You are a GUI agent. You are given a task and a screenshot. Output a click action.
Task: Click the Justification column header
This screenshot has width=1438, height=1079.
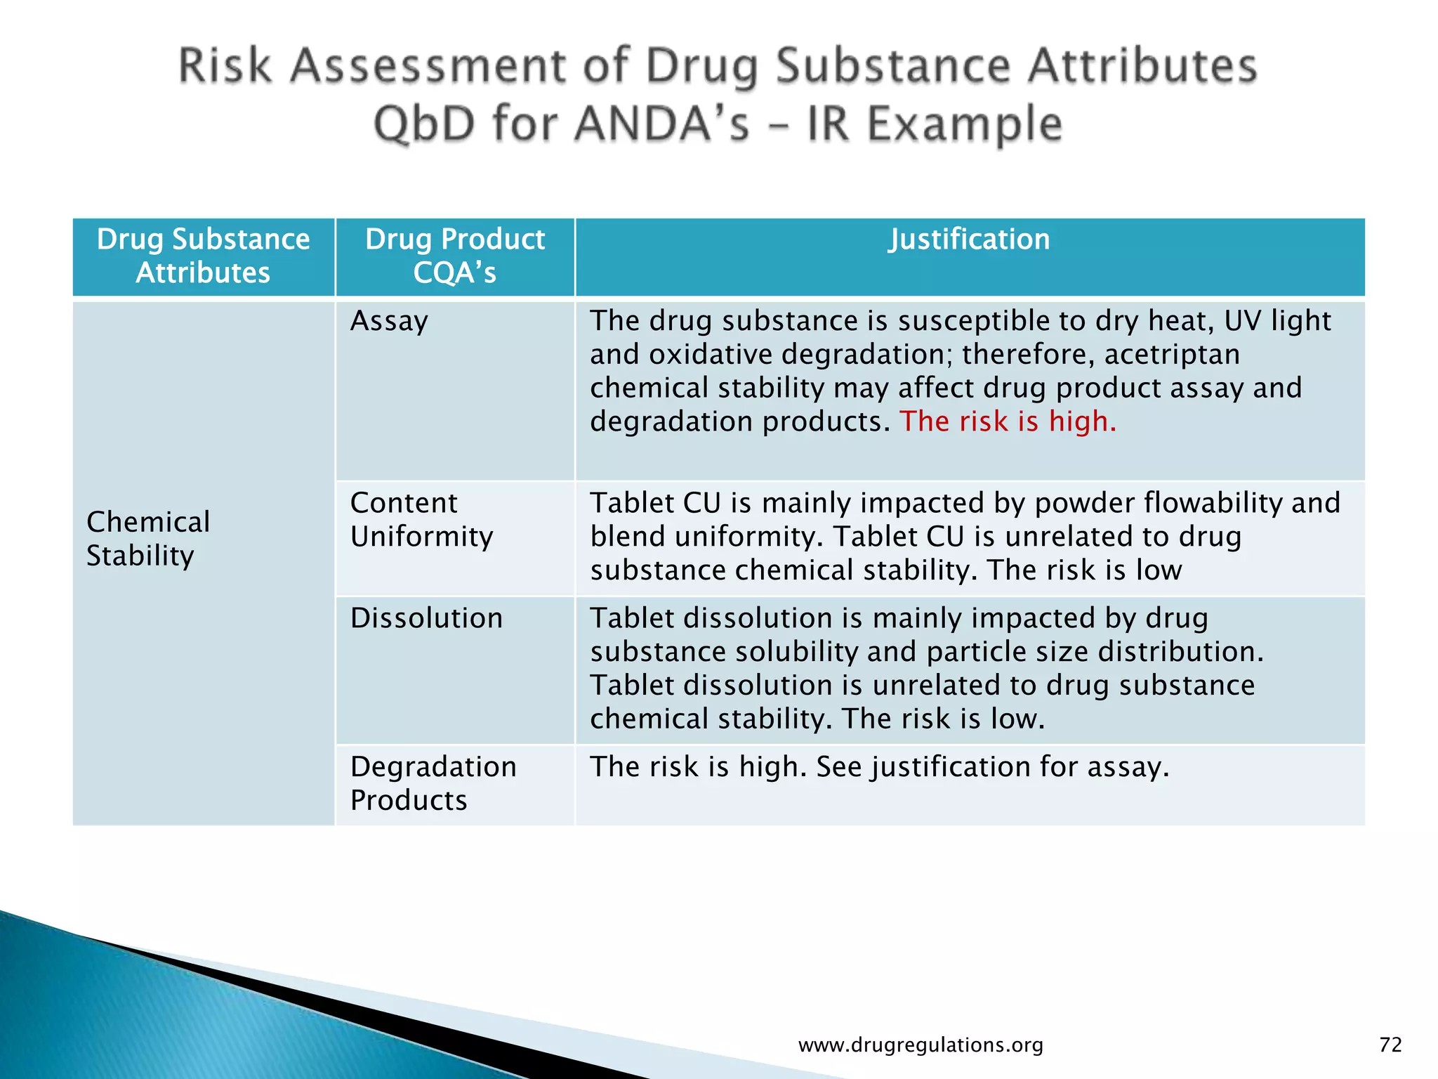969,240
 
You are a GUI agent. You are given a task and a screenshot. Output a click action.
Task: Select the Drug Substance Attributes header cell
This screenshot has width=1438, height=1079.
203,256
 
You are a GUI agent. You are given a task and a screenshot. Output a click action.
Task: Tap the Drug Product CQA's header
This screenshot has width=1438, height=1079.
455,256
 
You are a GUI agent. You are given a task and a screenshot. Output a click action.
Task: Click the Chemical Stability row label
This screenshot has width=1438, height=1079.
148,539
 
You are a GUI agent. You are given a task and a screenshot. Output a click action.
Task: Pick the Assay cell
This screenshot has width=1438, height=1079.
389,321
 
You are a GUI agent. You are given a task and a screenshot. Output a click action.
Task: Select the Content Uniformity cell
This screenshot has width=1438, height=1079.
421,520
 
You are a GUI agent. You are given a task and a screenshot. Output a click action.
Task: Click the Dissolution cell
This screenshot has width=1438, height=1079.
426,618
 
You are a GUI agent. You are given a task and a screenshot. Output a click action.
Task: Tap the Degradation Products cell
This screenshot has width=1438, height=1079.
433,783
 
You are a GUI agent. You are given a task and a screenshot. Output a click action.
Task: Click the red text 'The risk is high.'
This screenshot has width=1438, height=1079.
1008,421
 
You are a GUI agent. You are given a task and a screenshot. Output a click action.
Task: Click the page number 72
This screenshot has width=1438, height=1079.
1390,1045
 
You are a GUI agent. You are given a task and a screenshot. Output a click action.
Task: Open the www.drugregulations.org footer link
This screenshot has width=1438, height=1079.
921,1045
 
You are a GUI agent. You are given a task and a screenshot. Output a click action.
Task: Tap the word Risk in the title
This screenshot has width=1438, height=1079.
225,66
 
